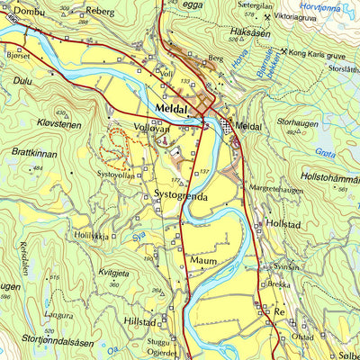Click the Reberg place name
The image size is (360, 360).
coord(100,12)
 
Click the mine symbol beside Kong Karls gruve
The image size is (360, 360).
coord(286,52)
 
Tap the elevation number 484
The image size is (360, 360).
coord(38,168)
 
